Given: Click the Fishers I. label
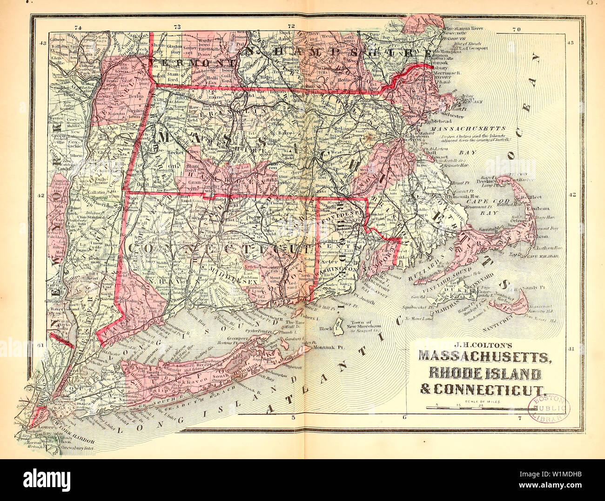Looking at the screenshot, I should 310,306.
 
